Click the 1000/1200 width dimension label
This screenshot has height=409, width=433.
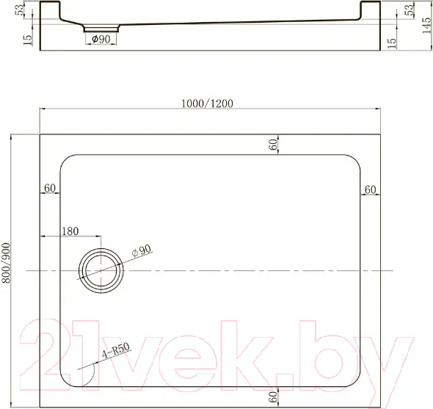pyautogui.click(x=207, y=104)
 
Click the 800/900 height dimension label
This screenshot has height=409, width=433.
pyautogui.click(x=6, y=263)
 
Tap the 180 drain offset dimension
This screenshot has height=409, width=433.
pyautogui.click(x=70, y=231)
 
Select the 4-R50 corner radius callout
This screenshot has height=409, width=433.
pyautogui.click(x=116, y=350)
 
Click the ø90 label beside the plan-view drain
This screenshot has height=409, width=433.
pyautogui.click(x=142, y=250)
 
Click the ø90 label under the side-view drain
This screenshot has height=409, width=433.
pyautogui.click(x=101, y=39)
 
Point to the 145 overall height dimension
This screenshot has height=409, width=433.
pyautogui.click(x=426, y=26)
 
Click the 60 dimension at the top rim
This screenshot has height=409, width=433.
pyautogui.click(x=273, y=144)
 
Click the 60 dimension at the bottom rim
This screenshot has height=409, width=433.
pyautogui.click(x=273, y=397)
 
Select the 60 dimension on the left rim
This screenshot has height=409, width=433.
pyautogui.click(x=50, y=188)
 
